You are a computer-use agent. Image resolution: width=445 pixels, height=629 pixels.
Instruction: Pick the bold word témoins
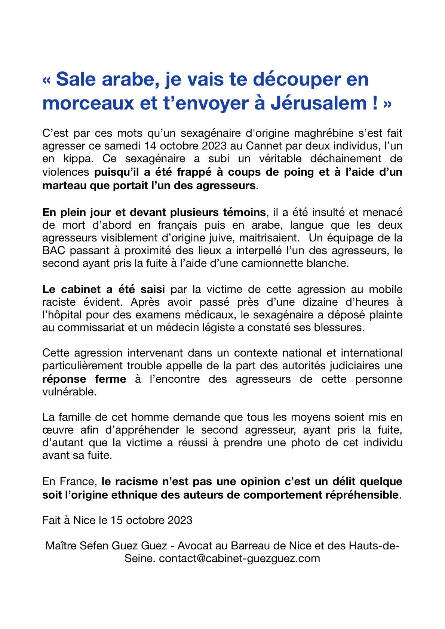click(244, 212)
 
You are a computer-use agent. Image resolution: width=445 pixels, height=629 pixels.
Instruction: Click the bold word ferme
click(110, 379)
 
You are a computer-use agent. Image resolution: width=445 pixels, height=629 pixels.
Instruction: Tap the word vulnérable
click(69, 392)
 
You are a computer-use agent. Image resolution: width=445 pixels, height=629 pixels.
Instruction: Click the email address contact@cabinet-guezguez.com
click(240, 559)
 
